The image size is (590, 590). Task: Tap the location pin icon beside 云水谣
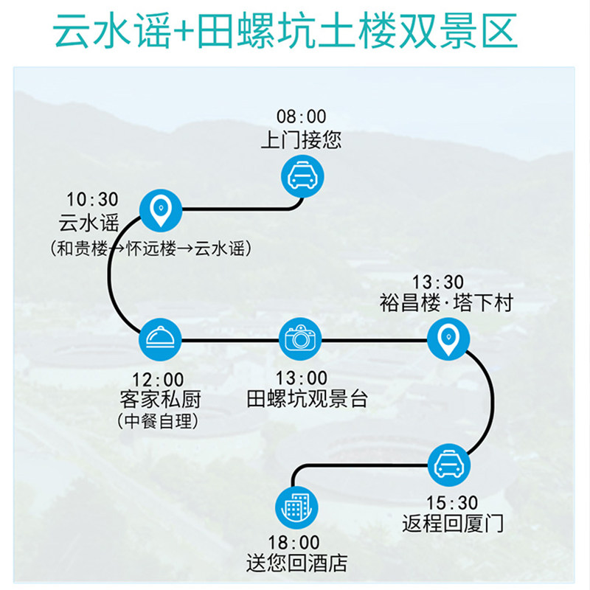pyautogui.click(x=160, y=210)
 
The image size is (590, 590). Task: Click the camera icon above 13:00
pyautogui.click(x=301, y=339)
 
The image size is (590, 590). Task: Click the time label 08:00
pyautogui.click(x=301, y=117)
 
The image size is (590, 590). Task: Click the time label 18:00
pyautogui.click(x=295, y=544)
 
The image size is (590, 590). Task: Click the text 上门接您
pyautogui.click(x=301, y=139)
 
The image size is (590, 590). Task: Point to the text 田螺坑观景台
pyautogui.click(x=307, y=400)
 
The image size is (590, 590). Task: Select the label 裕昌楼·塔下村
pyautogui.click(x=445, y=303)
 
